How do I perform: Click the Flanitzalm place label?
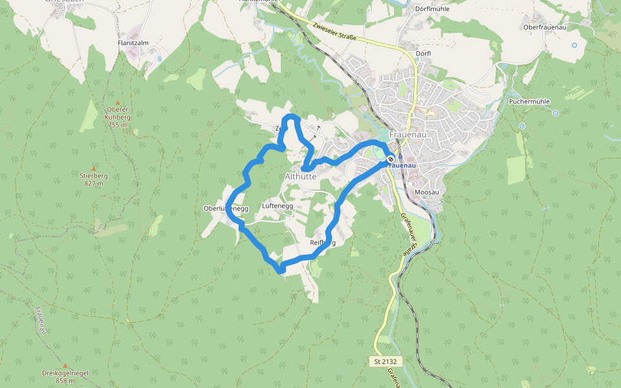(x=133, y=43)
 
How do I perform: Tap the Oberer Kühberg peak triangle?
(x=117, y=103)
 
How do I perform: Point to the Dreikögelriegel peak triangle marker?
(x=65, y=366)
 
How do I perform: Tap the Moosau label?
(x=427, y=192)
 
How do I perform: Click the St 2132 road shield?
(x=388, y=361)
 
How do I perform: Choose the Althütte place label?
(x=301, y=176)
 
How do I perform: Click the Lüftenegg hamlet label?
(x=278, y=206)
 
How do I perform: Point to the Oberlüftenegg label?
(x=226, y=208)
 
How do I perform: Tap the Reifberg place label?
(x=323, y=243)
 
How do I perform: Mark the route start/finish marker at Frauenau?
(x=391, y=159)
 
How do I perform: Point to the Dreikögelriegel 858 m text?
(x=65, y=377)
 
